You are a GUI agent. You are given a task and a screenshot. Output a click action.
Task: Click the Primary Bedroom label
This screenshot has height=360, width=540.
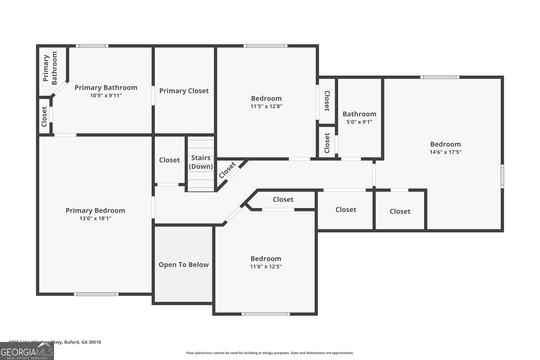pos(95,211)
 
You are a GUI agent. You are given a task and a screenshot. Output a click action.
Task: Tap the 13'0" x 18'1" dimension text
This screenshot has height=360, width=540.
pos(95,219)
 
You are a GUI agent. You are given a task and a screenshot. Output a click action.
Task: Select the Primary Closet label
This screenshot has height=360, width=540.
pos(184,91)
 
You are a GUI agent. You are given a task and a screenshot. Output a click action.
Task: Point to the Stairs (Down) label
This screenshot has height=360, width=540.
pos(201,162)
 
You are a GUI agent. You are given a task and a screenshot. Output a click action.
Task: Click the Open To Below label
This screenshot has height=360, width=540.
pos(184,265)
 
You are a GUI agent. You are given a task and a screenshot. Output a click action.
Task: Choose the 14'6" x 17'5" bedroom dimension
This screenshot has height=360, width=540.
pos(445,152)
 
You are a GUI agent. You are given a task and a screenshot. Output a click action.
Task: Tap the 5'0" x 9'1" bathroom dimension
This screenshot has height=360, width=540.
pos(359,122)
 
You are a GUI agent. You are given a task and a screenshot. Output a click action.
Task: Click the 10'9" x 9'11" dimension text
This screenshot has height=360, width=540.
pos(106,95)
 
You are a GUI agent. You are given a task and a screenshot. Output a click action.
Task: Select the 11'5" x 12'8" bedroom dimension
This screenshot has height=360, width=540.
pos(266,106)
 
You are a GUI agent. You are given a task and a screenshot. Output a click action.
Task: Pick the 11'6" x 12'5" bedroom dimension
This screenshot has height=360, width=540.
pos(266,267)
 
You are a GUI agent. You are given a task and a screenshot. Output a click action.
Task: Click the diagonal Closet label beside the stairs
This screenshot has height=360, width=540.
pos(227,170)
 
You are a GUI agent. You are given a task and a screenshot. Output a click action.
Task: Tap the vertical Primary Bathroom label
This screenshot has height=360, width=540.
pos(50,68)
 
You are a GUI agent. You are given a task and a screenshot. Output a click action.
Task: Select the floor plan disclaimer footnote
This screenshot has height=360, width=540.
pos(270,353)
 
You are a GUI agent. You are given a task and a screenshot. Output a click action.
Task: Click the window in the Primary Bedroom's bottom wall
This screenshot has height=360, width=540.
pos(96,294)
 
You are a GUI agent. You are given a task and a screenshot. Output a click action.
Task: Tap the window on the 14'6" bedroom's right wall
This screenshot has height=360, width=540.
pos(502,176)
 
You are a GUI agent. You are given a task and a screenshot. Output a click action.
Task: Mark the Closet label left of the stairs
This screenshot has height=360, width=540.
pos(169,160)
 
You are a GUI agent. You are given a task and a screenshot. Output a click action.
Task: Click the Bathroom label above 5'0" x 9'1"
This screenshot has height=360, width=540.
pos(359,114)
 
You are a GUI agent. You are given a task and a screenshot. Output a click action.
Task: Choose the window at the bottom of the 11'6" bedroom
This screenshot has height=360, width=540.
pos(266,314)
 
